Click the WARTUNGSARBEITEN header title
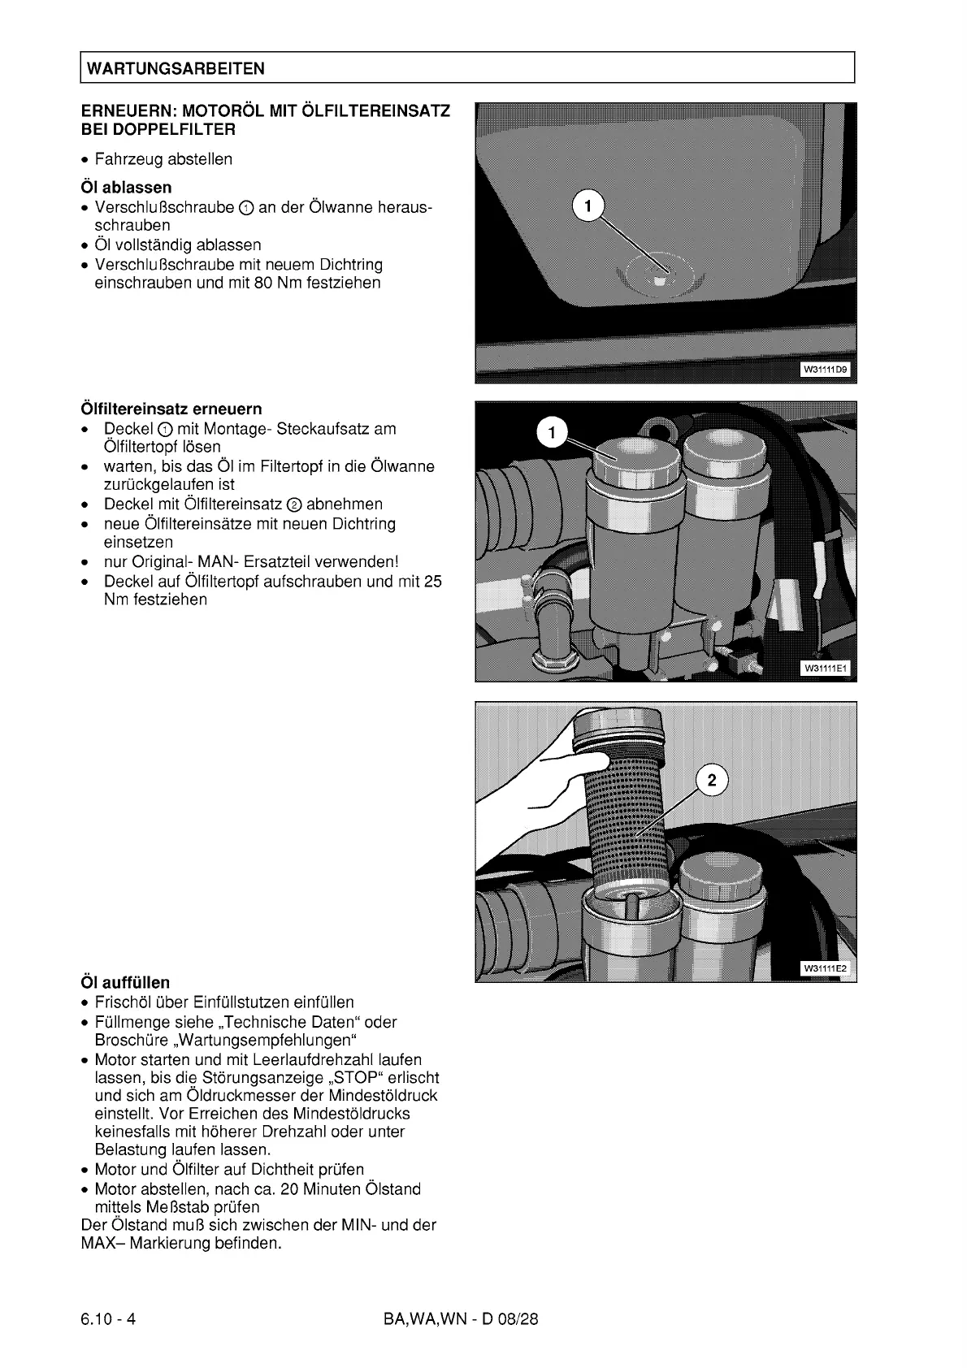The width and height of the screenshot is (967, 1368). tap(176, 68)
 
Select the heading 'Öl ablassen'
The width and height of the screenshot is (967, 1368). tap(126, 188)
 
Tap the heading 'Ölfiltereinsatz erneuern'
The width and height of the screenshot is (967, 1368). tap(171, 409)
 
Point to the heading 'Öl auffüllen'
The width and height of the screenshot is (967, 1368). tap(126, 982)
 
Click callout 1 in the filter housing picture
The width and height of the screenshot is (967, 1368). tap(553, 433)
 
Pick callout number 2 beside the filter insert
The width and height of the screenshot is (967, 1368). tap(713, 781)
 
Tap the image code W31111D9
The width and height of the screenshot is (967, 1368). tap(825, 370)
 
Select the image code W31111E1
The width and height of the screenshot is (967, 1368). tap(825, 669)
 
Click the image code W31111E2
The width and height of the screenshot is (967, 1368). tap(825, 968)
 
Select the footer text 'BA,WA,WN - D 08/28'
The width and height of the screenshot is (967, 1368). tap(461, 1318)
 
